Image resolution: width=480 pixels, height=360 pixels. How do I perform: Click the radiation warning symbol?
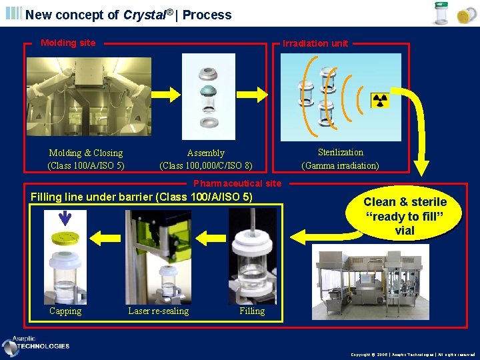(380, 101)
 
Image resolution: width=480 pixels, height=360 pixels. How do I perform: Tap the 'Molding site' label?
(68, 43)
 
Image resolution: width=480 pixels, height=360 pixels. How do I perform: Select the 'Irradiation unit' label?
(315, 43)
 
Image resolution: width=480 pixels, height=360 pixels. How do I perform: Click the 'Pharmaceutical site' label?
(237, 183)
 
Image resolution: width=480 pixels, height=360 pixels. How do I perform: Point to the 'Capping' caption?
(65, 311)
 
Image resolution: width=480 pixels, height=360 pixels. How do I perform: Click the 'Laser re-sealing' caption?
(158, 311)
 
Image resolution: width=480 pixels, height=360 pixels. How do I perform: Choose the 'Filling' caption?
(252, 311)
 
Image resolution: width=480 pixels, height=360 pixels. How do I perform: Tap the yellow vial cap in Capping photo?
(65, 239)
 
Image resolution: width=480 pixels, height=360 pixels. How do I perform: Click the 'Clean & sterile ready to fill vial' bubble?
(405, 216)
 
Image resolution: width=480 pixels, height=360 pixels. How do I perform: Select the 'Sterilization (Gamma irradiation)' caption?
(340, 159)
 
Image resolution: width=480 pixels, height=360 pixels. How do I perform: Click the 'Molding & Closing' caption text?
(86, 153)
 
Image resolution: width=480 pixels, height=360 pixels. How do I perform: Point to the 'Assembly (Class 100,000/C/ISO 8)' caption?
(206, 159)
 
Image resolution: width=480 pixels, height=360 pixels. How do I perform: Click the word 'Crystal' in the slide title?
(145, 15)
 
